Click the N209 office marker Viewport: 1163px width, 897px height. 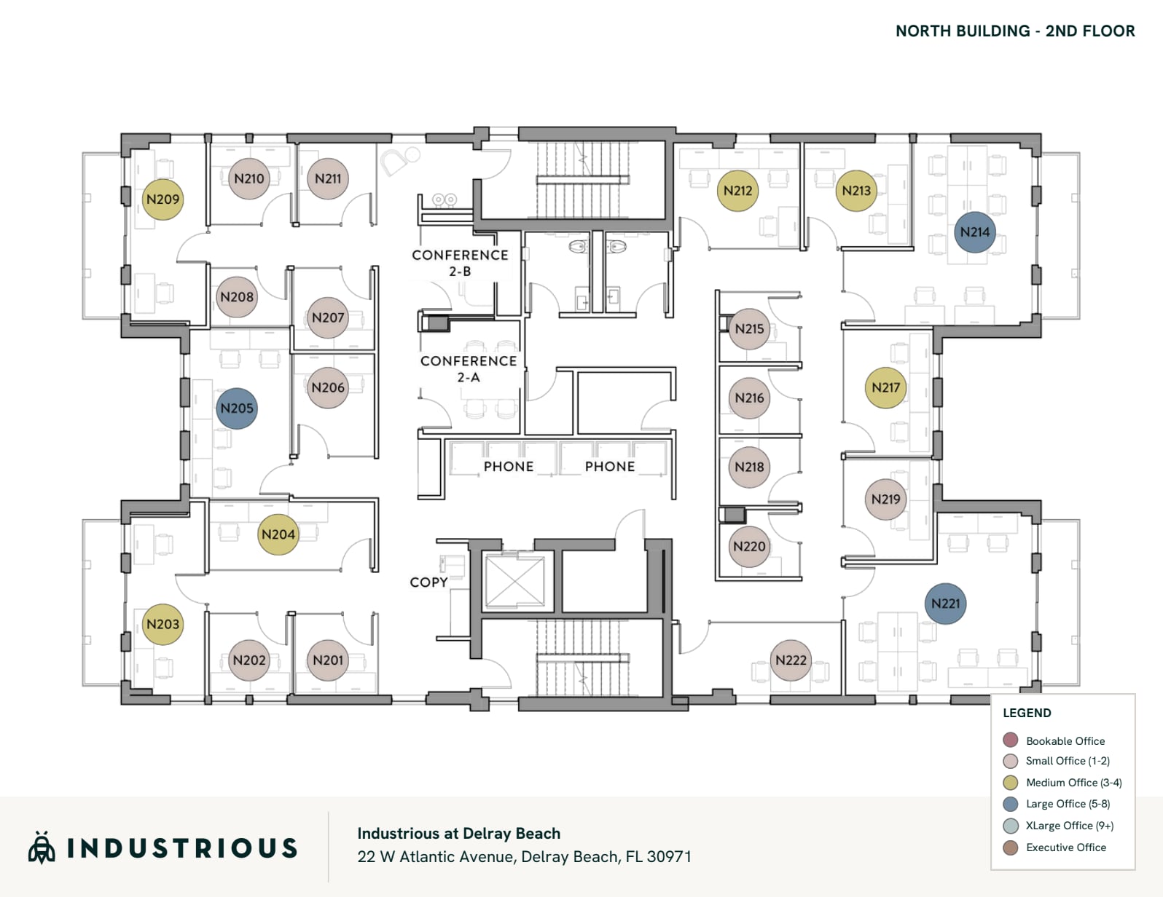(162, 199)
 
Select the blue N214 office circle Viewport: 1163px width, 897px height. (974, 232)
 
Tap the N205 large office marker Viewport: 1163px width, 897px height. (237, 408)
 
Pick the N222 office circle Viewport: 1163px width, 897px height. (791, 660)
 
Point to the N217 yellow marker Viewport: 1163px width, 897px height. (886, 387)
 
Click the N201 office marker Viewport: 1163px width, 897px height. (327, 660)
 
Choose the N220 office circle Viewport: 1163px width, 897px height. (749, 546)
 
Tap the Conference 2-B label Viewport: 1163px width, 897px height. (460, 263)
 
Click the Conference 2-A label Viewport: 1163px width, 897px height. (469, 369)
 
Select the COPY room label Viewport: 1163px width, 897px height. (428, 582)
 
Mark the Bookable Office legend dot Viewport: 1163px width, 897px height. (1010, 740)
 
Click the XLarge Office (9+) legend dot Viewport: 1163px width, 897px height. (1010, 826)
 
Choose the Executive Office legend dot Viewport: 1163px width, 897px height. (1010, 847)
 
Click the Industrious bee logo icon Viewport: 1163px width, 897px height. (42, 847)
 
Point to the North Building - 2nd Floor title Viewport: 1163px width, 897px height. (1015, 31)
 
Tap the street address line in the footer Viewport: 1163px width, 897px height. (524, 857)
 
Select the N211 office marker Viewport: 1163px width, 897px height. (327, 178)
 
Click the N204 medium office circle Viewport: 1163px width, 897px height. (278, 534)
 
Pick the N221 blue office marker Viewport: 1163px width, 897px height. (945, 604)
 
